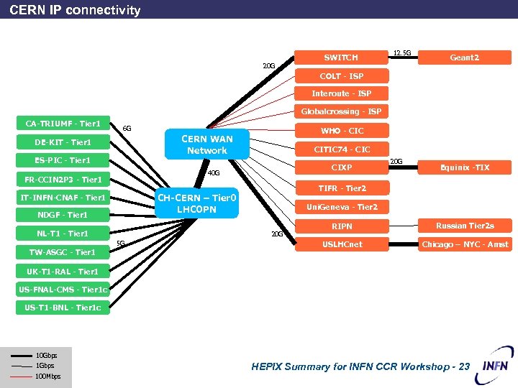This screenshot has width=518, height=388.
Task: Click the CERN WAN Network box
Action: click(206, 144)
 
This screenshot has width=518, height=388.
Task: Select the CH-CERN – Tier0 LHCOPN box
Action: click(196, 203)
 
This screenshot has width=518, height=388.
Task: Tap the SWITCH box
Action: click(341, 57)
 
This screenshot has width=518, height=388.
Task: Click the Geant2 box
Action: click(464, 57)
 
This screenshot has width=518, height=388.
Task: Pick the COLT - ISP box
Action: click(341, 76)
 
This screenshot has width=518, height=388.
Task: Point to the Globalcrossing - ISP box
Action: click(341, 111)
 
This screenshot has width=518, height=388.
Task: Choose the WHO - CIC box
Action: click(342, 131)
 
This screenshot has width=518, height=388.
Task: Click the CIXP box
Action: click(342, 167)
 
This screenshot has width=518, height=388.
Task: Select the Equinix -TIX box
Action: click(465, 167)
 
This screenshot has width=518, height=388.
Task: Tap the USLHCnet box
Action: click(342, 244)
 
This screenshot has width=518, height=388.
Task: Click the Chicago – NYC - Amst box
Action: click(465, 244)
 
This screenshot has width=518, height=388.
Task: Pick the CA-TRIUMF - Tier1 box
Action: click(63, 124)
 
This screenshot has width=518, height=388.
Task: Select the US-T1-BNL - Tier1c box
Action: click(63, 308)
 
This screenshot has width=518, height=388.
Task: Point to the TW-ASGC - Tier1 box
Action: click(63, 252)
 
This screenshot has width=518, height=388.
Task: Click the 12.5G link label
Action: click(402, 52)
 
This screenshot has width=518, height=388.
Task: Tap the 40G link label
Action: click(214, 173)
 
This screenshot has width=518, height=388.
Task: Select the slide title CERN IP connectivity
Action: click(76, 10)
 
